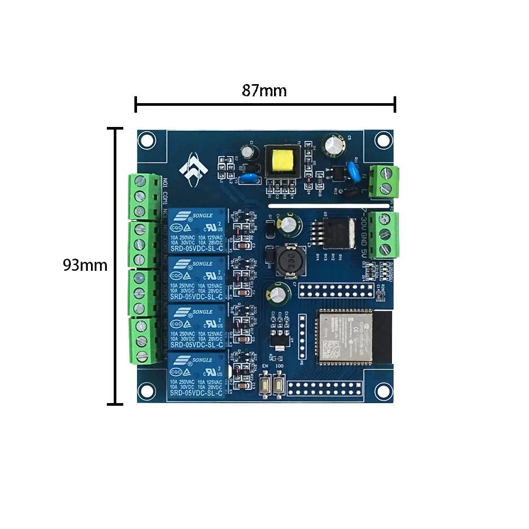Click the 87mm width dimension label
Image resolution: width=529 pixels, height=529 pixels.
(x=264, y=90)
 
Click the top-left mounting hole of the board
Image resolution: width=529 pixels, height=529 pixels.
(x=145, y=140)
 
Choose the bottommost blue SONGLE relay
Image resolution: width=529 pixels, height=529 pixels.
(x=197, y=376)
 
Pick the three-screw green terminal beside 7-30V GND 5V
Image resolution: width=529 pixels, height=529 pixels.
(x=385, y=234)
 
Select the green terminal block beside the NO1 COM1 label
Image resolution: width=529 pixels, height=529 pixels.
(x=143, y=197)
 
